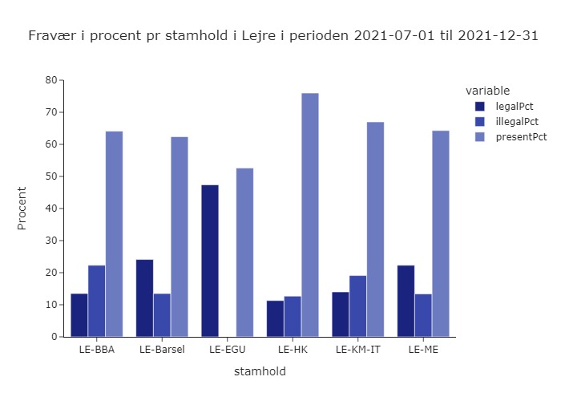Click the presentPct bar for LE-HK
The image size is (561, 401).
click(310, 215)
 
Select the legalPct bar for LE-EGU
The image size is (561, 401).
click(210, 261)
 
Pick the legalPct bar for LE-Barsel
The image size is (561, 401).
click(144, 298)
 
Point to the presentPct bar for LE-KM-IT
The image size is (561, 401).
click(375, 229)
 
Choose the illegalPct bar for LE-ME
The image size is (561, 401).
click(423, 315)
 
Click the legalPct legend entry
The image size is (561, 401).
click(515, 106)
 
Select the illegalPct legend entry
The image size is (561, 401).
click(517, 121)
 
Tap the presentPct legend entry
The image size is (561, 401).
click(521, 136)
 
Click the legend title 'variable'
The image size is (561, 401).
click(487, 90)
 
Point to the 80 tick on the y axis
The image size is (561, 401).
click(50, 80)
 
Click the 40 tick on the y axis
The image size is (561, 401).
click(50, 209)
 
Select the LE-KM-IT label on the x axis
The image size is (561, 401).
click(357, 350)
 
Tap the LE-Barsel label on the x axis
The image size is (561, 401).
click(162, 350)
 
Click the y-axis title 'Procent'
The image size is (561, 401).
click(22, 209)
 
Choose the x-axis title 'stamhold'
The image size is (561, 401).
click(260, 371)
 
